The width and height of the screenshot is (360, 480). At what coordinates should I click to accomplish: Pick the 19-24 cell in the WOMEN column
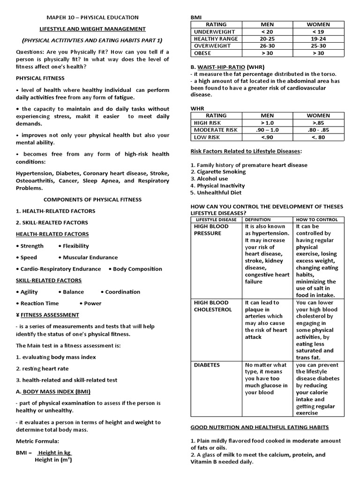pos(318,39)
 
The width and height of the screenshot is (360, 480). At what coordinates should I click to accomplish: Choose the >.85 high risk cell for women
pos(318,122)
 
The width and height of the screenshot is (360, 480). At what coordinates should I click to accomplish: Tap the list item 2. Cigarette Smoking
pos(218,172)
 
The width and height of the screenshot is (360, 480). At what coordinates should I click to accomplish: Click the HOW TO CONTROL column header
pos(317,219)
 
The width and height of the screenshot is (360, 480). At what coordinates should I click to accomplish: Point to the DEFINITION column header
pos(258,219)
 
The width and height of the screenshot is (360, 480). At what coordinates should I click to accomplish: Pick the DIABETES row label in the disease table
pos(207,365)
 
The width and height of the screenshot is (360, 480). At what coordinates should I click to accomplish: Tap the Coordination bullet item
pos(120,292)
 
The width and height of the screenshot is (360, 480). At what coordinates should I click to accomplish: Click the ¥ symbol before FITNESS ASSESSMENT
pos(17,315)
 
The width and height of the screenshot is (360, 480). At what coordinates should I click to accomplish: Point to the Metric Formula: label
pos(38,441)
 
